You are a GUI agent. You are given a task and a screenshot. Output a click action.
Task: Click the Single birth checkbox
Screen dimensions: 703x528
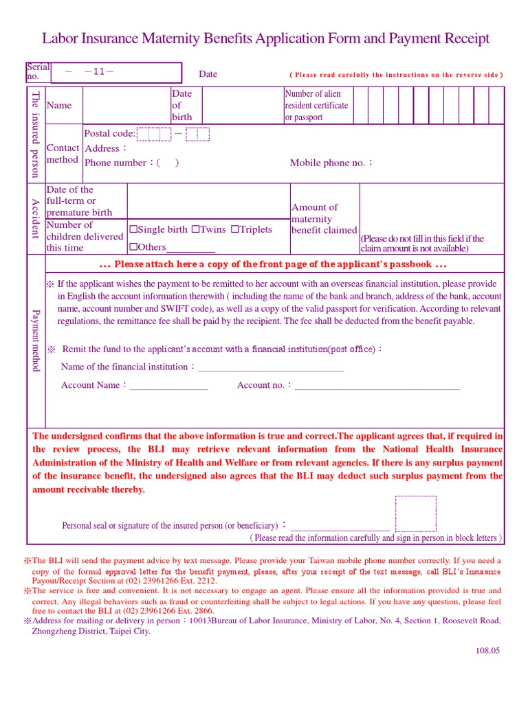coord(133,230)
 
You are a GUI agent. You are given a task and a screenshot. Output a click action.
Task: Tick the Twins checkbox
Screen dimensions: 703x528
coord(195,230)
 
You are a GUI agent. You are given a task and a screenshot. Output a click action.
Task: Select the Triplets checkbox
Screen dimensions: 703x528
coord(235,230)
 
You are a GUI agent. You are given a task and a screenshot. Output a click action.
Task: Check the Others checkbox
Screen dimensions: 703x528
coord(133,247)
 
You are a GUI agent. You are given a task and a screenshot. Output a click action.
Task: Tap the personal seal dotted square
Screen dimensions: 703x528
coord(415,514)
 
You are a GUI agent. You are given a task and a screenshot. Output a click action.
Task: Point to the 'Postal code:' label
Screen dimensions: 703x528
coord(109,134)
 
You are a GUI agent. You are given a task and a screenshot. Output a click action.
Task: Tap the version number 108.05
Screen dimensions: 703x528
coord(486,651)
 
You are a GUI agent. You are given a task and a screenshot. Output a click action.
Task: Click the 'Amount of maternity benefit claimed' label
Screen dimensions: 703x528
coord(324,219)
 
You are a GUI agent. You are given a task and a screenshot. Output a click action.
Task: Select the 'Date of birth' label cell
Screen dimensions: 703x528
coord(181,105)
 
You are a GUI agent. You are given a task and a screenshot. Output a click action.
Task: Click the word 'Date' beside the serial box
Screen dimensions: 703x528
coord(208,74)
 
